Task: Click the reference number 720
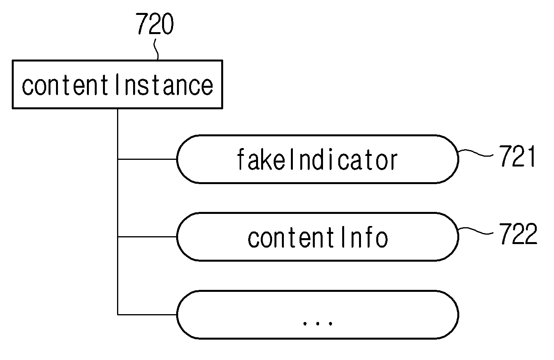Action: click(155, 24)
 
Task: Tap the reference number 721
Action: click(518, 156)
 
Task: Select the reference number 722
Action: click(518, 233)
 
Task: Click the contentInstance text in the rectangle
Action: click(117, 85)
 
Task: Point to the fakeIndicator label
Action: click(317, 159)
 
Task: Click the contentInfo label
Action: click(318, 237)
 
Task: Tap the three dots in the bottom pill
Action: click(318, 323)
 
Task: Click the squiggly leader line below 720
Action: click(156, 49)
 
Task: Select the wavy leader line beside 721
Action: click(476, 153)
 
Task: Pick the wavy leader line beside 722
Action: click(476, 230)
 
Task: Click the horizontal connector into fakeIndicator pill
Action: click(147, 159)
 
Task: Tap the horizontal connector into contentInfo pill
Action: click(147, 237)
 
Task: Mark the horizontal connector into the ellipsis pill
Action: click(147, 315)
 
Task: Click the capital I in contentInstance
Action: click(117, 84)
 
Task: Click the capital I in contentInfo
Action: click(343, 237)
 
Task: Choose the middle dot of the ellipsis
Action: click(318, 323)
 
